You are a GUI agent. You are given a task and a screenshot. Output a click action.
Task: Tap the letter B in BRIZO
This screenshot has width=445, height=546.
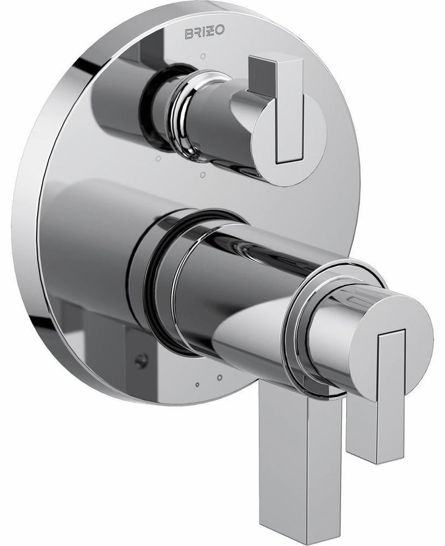coord(188,33)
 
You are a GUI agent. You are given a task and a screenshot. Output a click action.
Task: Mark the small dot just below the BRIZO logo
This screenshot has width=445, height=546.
coord(203,56)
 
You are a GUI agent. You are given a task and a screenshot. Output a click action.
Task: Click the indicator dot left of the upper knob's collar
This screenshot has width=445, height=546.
coord(158,159)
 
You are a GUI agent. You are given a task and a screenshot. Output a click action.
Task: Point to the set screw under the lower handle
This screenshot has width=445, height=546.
coord(142,361)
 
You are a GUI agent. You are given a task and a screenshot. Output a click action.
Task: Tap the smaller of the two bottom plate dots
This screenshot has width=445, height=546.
coord(197,385)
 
